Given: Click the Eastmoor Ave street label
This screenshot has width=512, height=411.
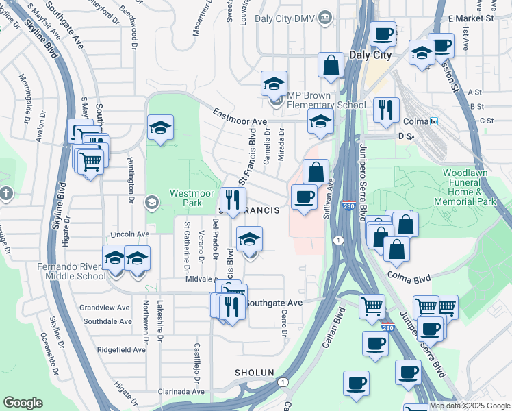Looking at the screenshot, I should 239,116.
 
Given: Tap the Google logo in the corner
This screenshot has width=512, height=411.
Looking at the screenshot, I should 23,403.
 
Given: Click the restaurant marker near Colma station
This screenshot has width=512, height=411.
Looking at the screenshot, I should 386,110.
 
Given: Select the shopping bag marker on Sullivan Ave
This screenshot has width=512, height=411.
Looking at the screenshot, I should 316,171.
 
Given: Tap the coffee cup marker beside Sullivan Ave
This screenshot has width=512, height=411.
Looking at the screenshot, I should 303,197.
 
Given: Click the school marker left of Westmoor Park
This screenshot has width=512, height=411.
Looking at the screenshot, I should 160,127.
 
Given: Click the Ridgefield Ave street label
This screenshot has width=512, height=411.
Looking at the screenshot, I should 121,349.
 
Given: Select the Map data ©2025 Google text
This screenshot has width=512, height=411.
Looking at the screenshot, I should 470,406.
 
